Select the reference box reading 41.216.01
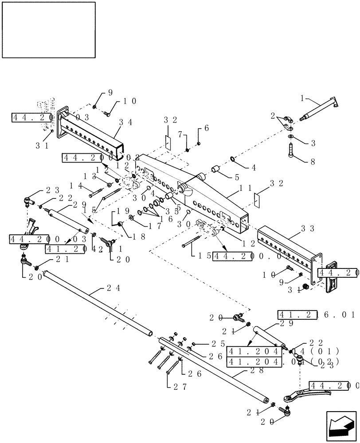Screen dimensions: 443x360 317,315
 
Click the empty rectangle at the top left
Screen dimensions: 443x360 48,30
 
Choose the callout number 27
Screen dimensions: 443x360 176,386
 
